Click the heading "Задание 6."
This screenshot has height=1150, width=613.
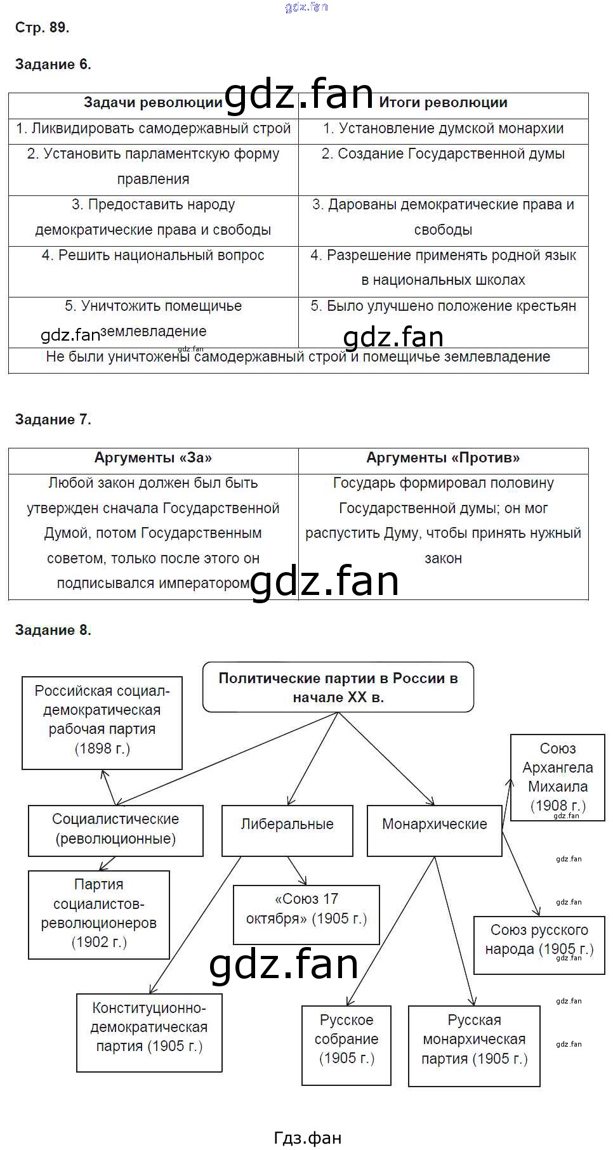[x=53, y=64]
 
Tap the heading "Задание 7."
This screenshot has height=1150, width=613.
[x=53, y=419]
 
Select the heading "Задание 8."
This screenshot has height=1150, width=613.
[x=53, y=630]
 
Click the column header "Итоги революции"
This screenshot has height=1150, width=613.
[x=443, y=103]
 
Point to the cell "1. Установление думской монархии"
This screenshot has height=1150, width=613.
[x=443, y=129]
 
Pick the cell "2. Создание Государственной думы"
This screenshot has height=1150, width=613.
[x=443, y=154]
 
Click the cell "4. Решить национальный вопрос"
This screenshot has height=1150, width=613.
[x=153, y=256]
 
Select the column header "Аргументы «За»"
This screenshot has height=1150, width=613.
[x=153, y=458]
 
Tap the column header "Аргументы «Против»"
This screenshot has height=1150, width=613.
[x=443, y=458]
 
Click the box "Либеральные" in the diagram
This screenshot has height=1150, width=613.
[x=287, y=825]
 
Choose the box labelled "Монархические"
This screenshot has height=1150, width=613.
[x=434, y=825]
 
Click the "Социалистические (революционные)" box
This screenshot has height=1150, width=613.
[x=115, y=830]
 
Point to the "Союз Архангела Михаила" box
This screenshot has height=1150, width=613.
[x=557, y=776]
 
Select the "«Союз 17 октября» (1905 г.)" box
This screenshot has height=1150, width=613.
[x=306, y=909]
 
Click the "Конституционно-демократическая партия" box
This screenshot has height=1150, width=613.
[x=149, y=1028]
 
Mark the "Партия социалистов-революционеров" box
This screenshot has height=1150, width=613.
[x=99, y=913]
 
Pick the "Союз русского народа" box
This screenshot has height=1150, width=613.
[x=539, y=940]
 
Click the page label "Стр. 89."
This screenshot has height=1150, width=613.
[x=42, y=27]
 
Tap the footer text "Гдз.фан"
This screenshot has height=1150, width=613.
[x=307, y=1138]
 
